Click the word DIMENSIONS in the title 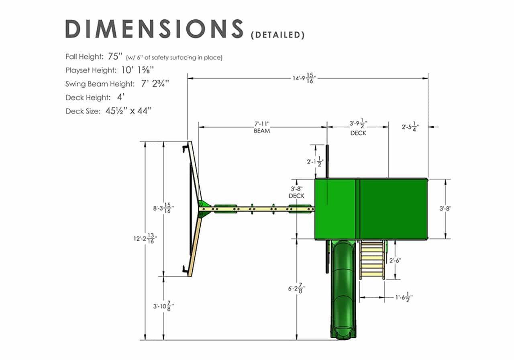pyautogui.click(x=154, y=29)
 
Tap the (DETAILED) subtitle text pyautogui.click(x=277, y=35)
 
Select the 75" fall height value pyautogui.click(x=115, y=56)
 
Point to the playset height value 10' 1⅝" pyautogui.click(x=137, y=70)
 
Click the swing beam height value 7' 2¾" pyautogui.click(x=155, y=84)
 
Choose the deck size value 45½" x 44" pyautogui.click(x=128, y=111)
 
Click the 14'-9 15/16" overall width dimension pyautogui.click(x=304, y=78)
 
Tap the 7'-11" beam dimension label pyautogui.click(x=262, y=124)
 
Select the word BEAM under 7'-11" pyautogui.click(x=262, y=131)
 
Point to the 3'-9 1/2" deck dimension pyautogui.click(x=358, y=123)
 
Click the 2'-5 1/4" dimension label pyautogui.click(x=410, y=127)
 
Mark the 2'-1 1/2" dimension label pyautogui.click(x=316, y=162)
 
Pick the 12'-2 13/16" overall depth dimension pyautogui.click(x=145, y=238)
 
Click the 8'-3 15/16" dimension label pyautogui.click(x=163, y=208)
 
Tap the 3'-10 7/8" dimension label pyautogui.click(x=163, y=306)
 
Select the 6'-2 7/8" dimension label pyautogui.click(x=297, y=288)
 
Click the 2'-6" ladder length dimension pyautogui.click(x=395, y=261)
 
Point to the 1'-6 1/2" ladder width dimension pyautogui.click(x=404, y=297)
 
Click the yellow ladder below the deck pyautogui.click(x=372, y=260)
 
